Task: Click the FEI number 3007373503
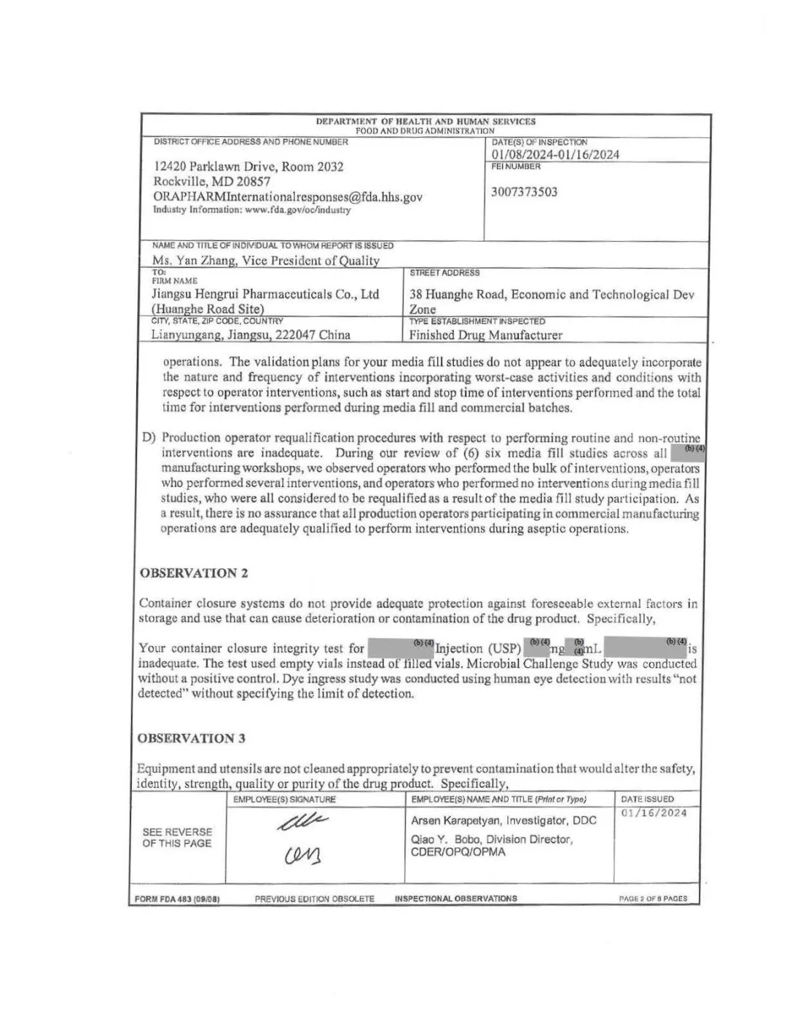pos(524,192)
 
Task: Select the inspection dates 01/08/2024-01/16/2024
pos(555,154)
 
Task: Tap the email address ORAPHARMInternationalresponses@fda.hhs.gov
pos(287,197)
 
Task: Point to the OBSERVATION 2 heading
pos(193,573)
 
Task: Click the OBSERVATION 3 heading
pos(191,738)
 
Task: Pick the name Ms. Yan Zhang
pos(192,261)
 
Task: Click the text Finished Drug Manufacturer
pos(485,336)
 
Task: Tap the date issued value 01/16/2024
pos(654,813)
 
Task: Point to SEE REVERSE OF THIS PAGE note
pos(177,837)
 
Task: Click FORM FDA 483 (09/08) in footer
pos(178,899)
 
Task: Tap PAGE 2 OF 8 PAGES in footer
pos(653,899)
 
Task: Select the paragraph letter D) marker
pos(149,438)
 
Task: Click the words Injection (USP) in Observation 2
pos(478,649)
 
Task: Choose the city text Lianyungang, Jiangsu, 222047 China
pos(251,335)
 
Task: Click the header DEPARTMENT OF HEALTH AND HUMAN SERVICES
pos(426,122)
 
